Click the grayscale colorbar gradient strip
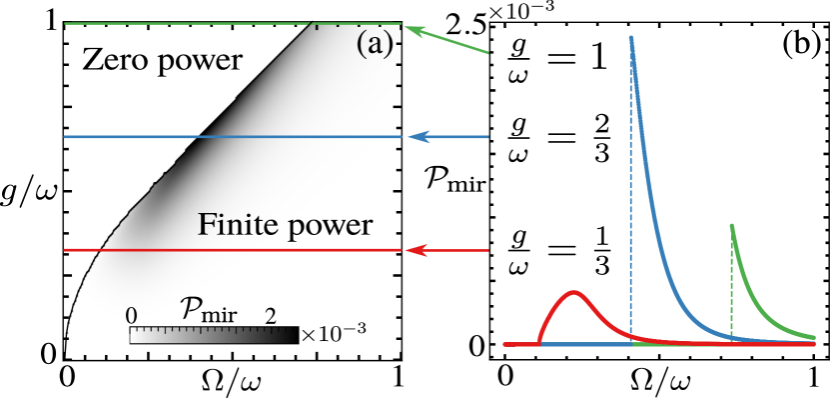[x=214, y=335]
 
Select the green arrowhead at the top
[x=414, y=33]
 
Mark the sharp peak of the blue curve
[x=631, y=38]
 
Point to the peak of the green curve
[x=732, y=226]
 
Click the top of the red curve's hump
[x=573, y=292]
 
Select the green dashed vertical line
[x=732, y=290]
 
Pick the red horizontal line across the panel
[x=150, y=250]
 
